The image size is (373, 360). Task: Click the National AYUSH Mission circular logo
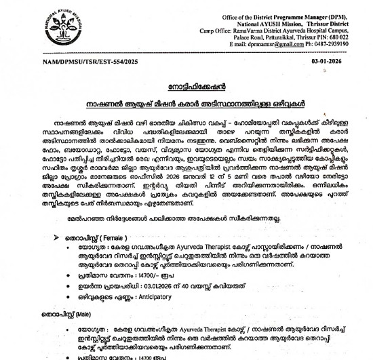pyautogui.click(x=27, y=27)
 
